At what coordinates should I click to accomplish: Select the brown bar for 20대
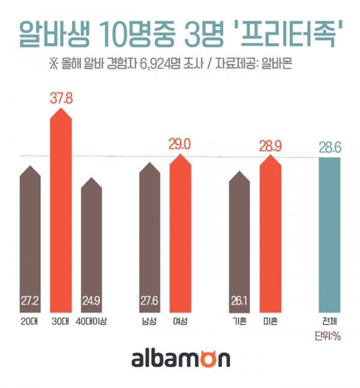[30, 240]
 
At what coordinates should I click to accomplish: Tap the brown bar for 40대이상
[91, 246]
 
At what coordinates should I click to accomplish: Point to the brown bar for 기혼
[240, 240]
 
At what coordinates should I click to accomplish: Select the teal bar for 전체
[329, 234]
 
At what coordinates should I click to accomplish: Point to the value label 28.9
[270, 145]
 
